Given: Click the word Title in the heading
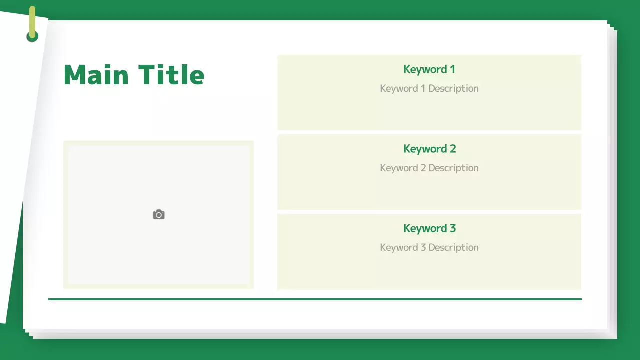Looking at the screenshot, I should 171,75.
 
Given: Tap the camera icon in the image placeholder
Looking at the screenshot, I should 159,215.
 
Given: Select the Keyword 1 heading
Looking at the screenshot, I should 429,69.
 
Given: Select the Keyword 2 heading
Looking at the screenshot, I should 429,149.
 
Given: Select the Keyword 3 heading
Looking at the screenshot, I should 429,228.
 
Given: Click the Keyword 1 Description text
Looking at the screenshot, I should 429,88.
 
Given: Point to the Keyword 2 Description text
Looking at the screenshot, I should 429,168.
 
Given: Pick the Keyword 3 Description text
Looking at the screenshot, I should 429,247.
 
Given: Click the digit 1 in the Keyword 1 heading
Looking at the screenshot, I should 452,69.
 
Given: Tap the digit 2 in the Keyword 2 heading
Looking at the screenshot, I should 452,149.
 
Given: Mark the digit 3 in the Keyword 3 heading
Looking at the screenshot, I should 452,228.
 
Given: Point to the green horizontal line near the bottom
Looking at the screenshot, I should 315,299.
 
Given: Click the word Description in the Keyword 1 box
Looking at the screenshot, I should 453,88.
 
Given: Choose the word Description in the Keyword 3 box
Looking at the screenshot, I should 453,247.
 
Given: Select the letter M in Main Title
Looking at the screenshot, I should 75,75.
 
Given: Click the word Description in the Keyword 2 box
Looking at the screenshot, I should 453,168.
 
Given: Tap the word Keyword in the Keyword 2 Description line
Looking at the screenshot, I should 398,168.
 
